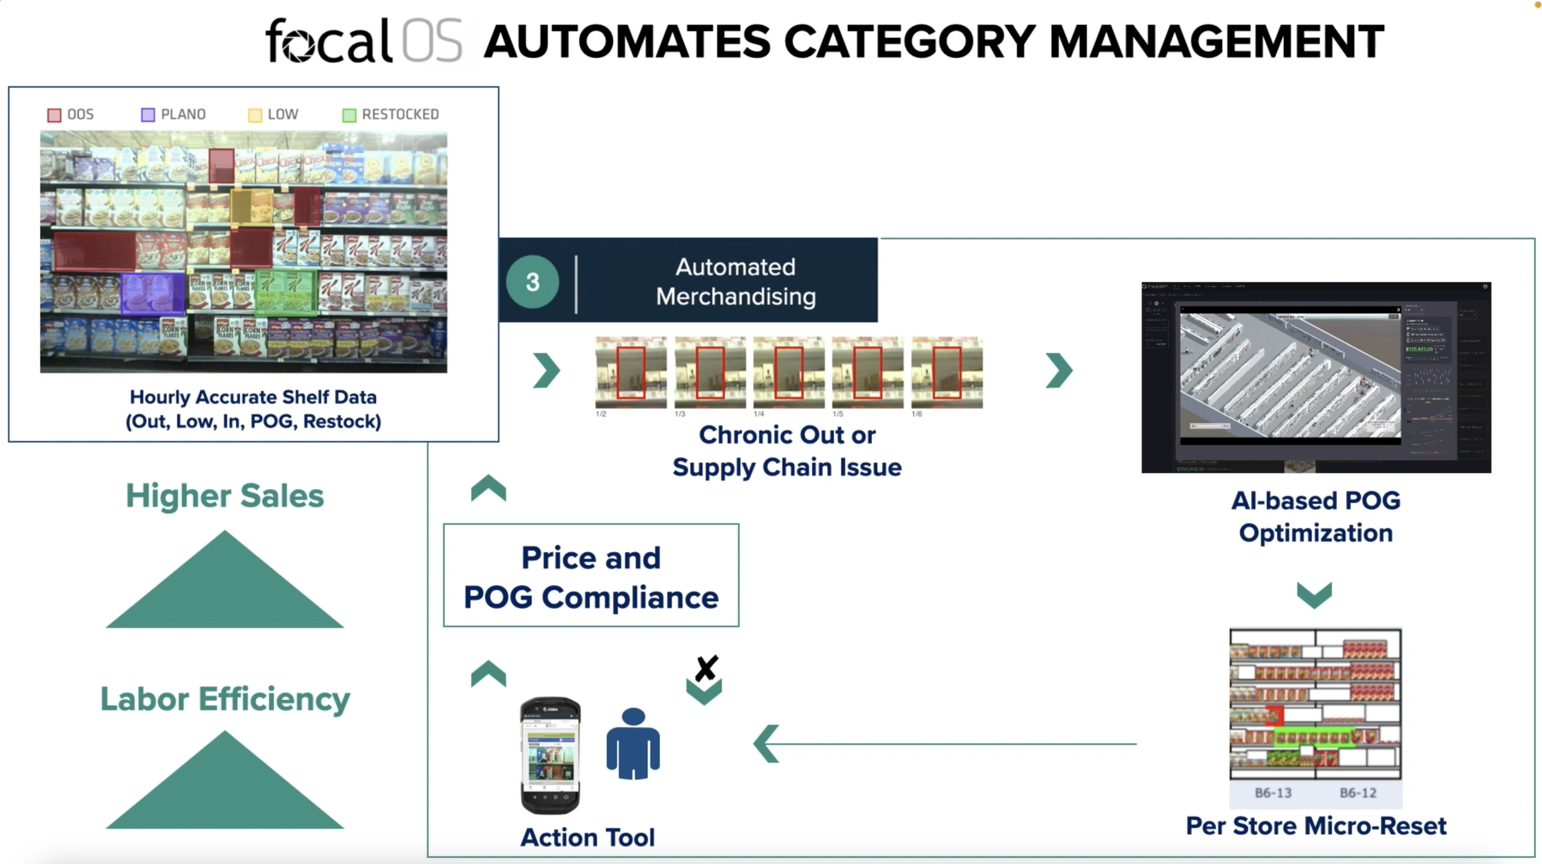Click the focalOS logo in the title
click(x=364, y=41)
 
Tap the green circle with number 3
click(x=532, y=282)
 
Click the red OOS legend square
click(x=54, y=115)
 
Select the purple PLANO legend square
click(x=148, y=115)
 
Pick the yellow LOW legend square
click(x=255, y=115)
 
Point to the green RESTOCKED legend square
click(x=349, y=115)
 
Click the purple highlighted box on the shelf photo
click(x=152, y=294)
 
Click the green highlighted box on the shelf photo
click(x=286, y=292)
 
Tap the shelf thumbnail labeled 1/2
click(x=630, y=372)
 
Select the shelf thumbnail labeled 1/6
click(x=946, y=372)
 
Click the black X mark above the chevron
click(x=706, y=668)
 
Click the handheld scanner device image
click(x=550, y=755)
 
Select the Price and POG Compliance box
click(x=591, y=575)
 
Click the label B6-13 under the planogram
click(x=1272, y=792)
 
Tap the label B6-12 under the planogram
click(x=1358, y=792)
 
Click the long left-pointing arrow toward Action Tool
click(x=944, y=744)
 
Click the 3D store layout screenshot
click(x=1316, y=377)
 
